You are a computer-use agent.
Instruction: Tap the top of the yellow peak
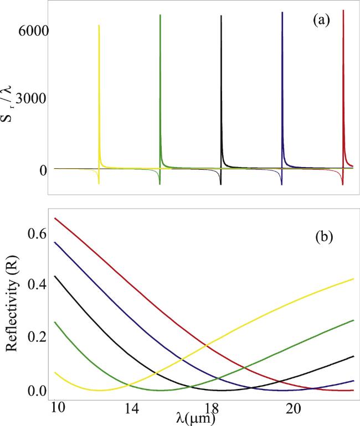coord(99,25)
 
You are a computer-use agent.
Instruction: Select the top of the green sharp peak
coord(160,15)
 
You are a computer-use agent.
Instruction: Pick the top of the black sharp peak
coord(221,16)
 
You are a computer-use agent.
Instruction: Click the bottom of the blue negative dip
coord(282,184)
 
